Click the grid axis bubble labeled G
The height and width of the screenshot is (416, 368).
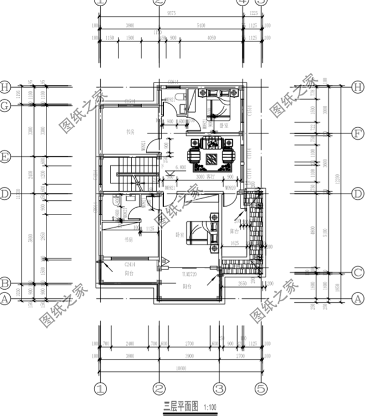tap(6, 105)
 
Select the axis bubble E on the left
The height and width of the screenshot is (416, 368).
tap(6, 157)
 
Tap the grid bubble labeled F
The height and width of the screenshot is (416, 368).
tap(357, 134)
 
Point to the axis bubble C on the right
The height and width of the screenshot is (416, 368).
tap(357, 272)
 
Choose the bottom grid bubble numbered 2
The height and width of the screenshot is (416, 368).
tap(159, 389)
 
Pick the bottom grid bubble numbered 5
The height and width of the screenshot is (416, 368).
tap(260, 389)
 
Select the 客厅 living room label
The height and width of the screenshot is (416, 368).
tap(212, 177)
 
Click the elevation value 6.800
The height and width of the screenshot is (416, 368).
tap(181, 168)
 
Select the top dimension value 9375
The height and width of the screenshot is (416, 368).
tap(171, 18)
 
